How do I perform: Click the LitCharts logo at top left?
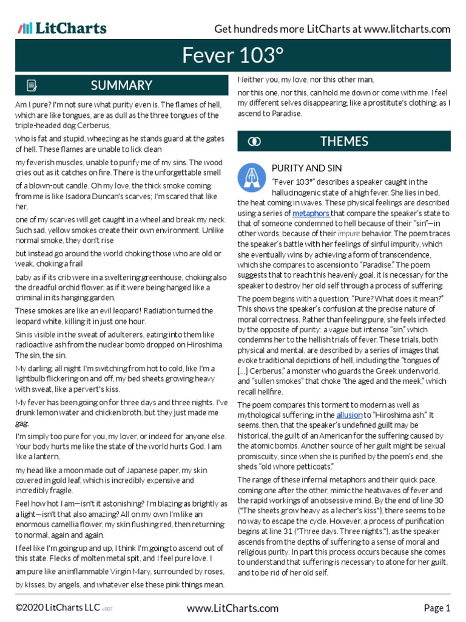(x=62, y=28)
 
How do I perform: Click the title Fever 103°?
(x=233, y=56)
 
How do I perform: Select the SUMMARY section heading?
(x=121, y=85)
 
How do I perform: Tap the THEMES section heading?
(x=344, y=142)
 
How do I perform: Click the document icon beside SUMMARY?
(x=32, y=85)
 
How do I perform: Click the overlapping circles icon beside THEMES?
(x=255, y=142)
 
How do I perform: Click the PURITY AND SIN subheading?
(x=306, y=168)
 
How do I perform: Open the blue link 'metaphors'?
(x=311, y=213)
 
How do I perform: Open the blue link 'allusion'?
(x=349, y=415)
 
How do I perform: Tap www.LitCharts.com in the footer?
(x=232, y=608)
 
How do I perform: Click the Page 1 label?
(x=437, y=608)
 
